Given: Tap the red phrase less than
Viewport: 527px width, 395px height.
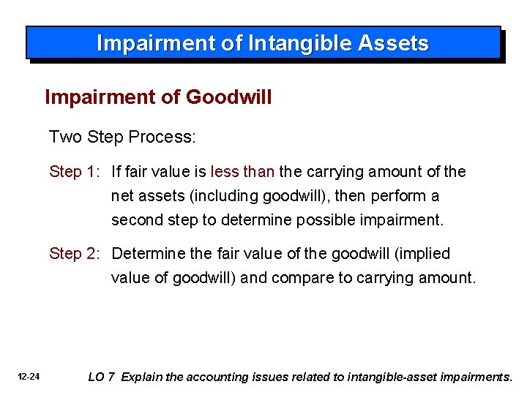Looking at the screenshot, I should pyautogui.click(x=242, y=172).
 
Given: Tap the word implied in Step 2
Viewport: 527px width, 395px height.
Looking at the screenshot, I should pyautogui.click(x=425, y=254).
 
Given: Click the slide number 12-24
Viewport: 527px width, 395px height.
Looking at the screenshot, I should pyautogui.click(x=30, y=377).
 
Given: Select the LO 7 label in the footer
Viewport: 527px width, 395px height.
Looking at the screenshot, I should pyautogui.click(x=101, y=377).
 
